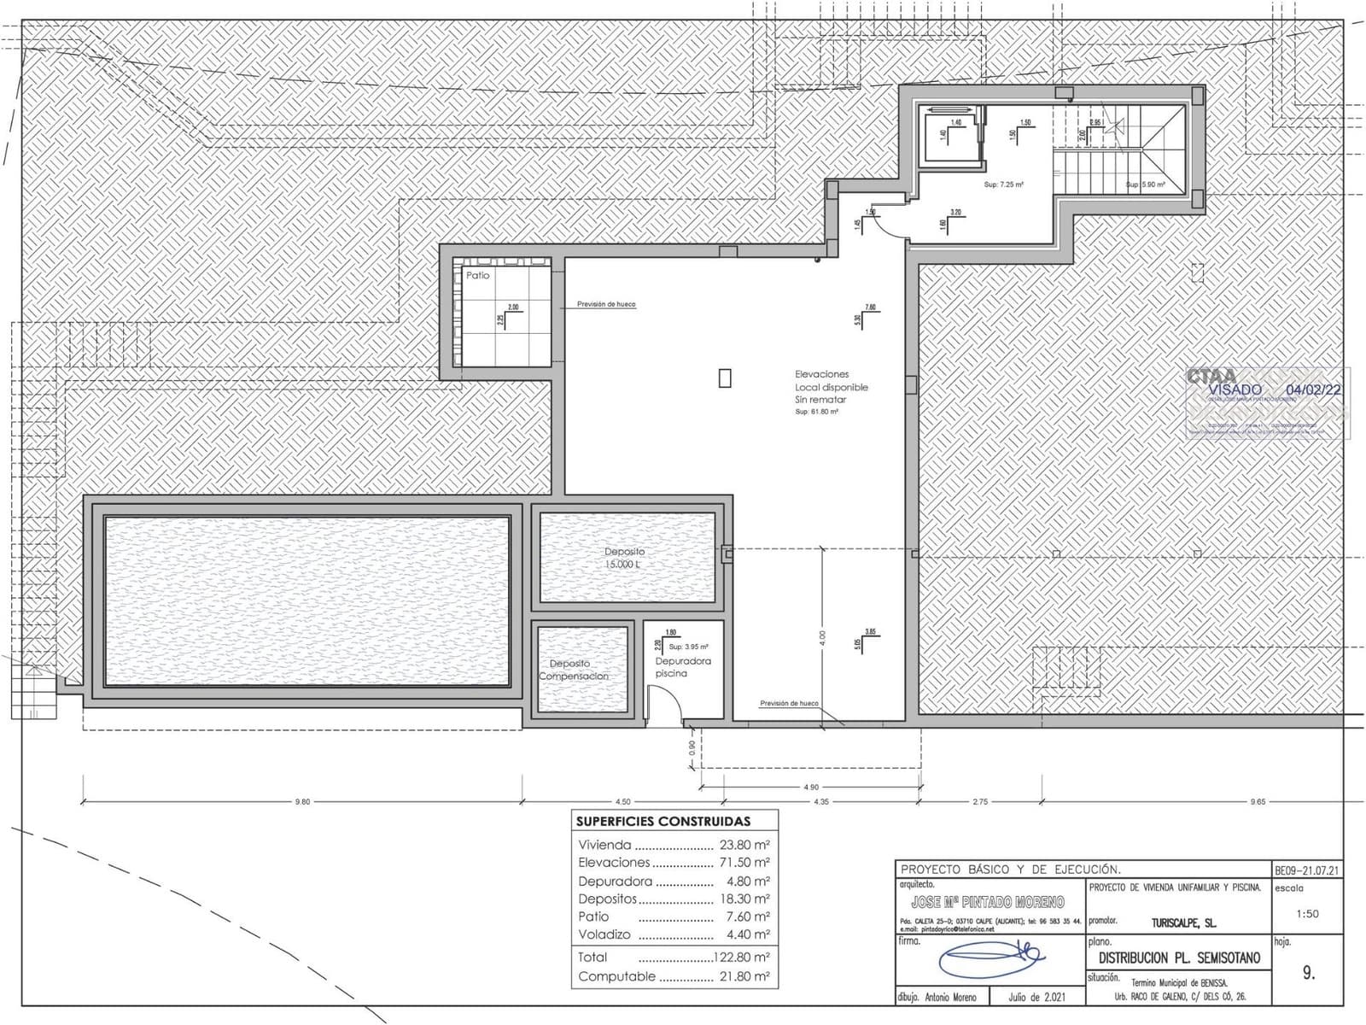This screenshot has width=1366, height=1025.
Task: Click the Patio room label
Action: (x=478, y=275)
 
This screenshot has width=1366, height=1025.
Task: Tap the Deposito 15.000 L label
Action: (x=625, y=558)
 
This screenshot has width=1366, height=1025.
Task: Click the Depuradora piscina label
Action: (x=682, y=667)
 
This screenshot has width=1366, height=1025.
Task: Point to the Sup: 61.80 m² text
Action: (x=816, y=412)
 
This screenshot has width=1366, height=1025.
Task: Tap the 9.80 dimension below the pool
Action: (x=302, y=802)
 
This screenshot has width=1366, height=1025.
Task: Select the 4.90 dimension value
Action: (x=810, y=787)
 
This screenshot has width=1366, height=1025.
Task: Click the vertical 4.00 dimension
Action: (x=822, y=636)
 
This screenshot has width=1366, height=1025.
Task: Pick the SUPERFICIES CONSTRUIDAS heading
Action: (x=663, y=822)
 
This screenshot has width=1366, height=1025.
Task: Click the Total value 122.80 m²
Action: (x=742, y=958)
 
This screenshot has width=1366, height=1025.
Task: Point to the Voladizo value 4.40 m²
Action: (x=748, y=934)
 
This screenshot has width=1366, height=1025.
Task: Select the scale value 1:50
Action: (x=1307, y=913)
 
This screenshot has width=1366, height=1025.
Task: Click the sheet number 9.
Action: (x=1309, y=973)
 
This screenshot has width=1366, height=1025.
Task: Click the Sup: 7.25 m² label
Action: (x=1003, y=184)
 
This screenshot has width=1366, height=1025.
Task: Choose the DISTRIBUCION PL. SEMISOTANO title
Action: (x=1179, y=958)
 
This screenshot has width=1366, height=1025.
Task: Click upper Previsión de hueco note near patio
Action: (x=606, y=304)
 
